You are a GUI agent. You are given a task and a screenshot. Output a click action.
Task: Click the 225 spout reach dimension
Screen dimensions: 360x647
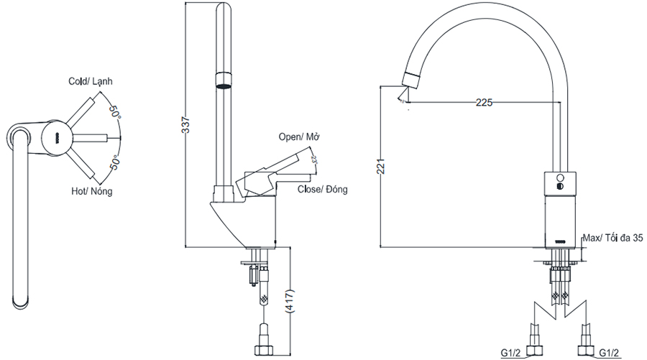[484, 102]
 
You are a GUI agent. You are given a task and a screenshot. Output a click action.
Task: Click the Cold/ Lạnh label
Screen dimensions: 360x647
[91, 81]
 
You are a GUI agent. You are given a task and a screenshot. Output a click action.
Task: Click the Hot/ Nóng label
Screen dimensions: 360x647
[91, 191]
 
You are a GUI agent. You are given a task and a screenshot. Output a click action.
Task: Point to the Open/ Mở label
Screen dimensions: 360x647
[299, 137]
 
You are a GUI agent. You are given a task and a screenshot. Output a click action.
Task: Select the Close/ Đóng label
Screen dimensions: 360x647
[322, 190]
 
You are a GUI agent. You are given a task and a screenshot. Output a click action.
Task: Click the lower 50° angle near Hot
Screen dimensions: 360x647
[115, 162]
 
